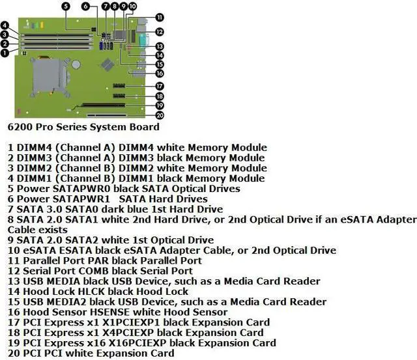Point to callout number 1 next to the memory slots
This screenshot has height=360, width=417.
point(5,53)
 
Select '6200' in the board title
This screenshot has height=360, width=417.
point(22,126)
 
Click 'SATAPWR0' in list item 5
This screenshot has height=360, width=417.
point(77,188)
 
